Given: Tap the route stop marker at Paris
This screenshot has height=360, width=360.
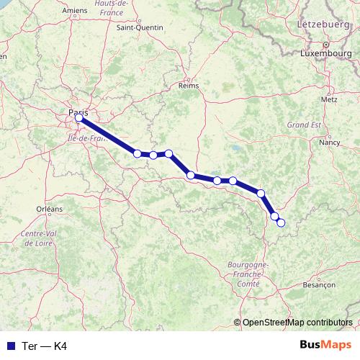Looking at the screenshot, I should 79,118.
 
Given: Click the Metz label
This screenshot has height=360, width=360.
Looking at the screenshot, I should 329,99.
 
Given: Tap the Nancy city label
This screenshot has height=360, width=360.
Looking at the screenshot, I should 329,143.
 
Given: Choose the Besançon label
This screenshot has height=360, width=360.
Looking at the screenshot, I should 320,285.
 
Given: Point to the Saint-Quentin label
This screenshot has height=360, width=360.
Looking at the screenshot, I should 140,28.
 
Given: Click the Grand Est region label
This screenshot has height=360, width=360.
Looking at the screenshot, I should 303,125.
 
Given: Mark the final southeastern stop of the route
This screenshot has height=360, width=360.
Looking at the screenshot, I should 281,222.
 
